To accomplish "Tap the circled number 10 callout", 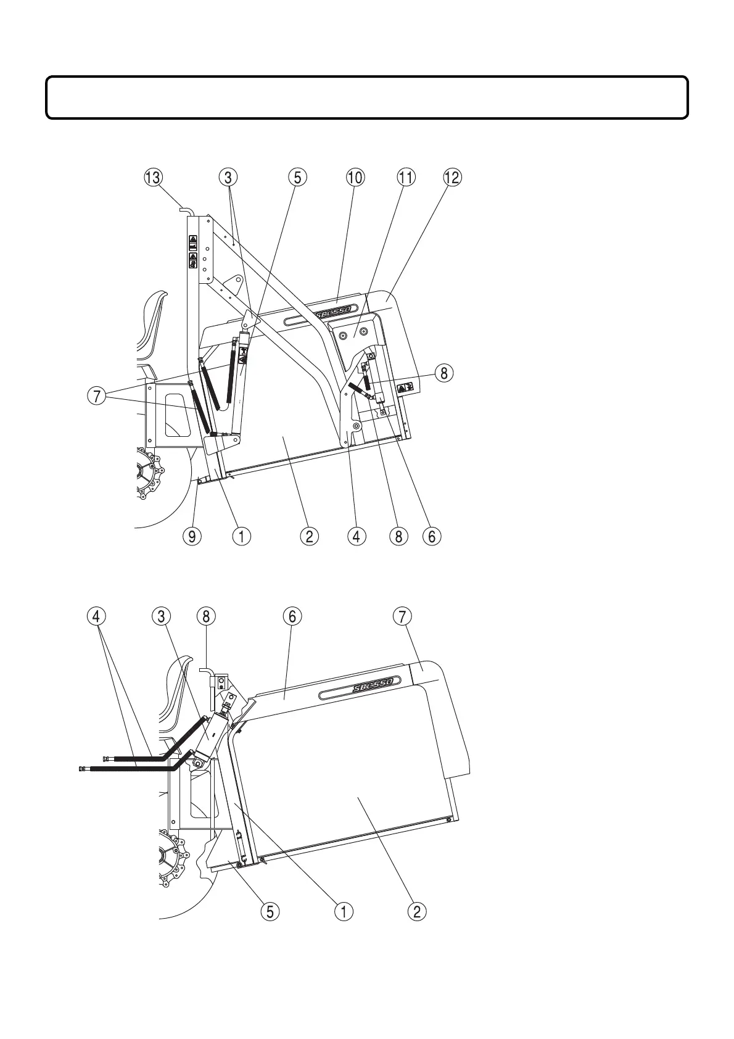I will pyautogui.click(x=355, y=178).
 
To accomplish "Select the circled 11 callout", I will pyautogui.click(x=405, y=178).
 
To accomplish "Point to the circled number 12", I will pyautogui.click(x=452, y=178).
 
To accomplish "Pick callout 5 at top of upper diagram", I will pyautogui.click(x=297, y=178).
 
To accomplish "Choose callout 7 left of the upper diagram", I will pyautogui.click(x=96, y=397).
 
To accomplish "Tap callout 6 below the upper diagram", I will pyautogui.click(x=431, y=536).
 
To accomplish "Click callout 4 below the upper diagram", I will pyautogui.click(x=356, y=536).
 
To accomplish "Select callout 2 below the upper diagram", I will pyautogui.click(x=309, y=536).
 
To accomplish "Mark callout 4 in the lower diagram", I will pyautogui.click(x=97, y=616).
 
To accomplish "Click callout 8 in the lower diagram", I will pyautogui.click(x=205, y=616).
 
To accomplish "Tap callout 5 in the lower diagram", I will pyautogui.click(x=270, y=910).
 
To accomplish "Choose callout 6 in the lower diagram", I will pyautogui.click(x=292, y=616).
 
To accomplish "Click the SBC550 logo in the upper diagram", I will pyautogui.click(x=333, y=312).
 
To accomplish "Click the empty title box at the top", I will pyautogui.click(x=367, y=97).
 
